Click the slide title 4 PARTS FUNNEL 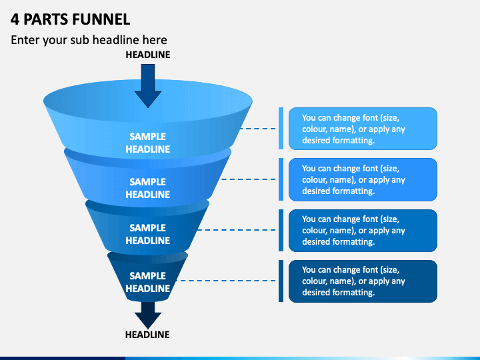coord(71,19)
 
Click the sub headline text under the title coord(89,40)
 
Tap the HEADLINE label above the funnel coord(148,55)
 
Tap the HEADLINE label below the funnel coord(147,335)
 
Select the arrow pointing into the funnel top coord(148,86)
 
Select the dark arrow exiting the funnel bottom coord(148,315)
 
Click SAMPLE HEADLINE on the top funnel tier coord(148,143)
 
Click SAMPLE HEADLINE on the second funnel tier coord(148,188)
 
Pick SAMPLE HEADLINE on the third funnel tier coord(148,234)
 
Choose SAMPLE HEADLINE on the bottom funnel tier coord(148,282)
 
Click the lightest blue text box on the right coord(363,129)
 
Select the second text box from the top coord(363,179)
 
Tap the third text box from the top coord(363,231)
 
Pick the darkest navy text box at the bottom coord(363,281)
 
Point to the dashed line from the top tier coord(258,129)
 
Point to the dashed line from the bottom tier coord(226,281)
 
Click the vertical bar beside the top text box coord(281,129)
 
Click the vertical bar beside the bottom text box coord(281,281)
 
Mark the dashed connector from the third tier coord(237,230)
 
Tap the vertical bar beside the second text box coord(281,179)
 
